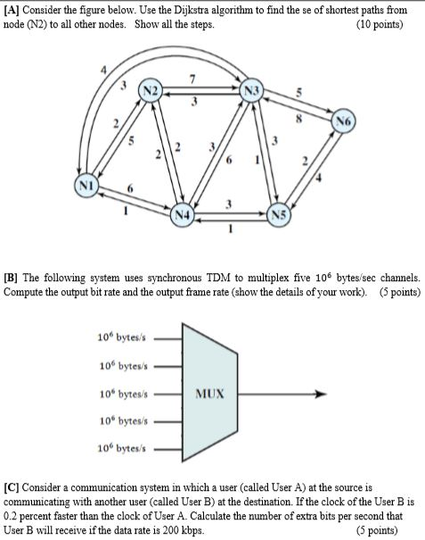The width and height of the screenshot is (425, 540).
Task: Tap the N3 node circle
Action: pos(253,93)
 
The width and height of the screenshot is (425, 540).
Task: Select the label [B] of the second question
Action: pos(12,277)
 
